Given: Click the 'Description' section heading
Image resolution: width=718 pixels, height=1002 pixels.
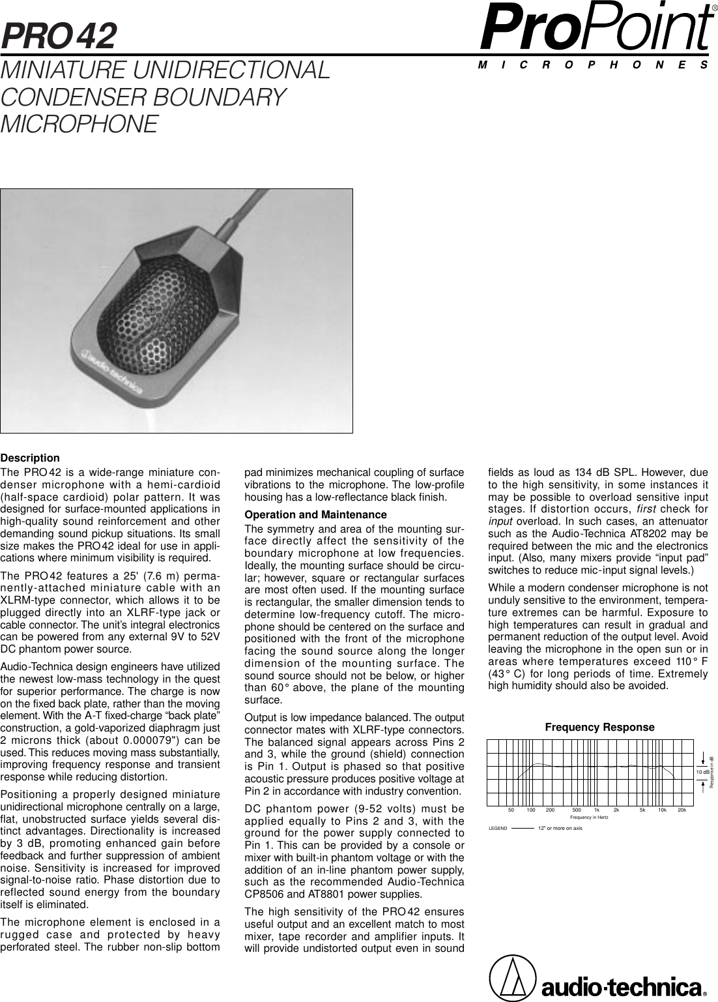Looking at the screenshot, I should click(31, 458).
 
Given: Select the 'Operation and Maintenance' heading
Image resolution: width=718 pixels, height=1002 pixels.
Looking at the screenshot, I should click(315, 515).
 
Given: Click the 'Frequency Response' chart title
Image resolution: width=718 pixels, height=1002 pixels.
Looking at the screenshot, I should click(599, 727).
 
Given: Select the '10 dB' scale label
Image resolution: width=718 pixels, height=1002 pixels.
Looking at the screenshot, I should click(702, 772).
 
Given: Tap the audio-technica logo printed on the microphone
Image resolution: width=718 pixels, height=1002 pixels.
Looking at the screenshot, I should click(121, 372).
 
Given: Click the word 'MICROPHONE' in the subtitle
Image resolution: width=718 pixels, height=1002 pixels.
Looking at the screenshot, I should click(79, 123).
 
